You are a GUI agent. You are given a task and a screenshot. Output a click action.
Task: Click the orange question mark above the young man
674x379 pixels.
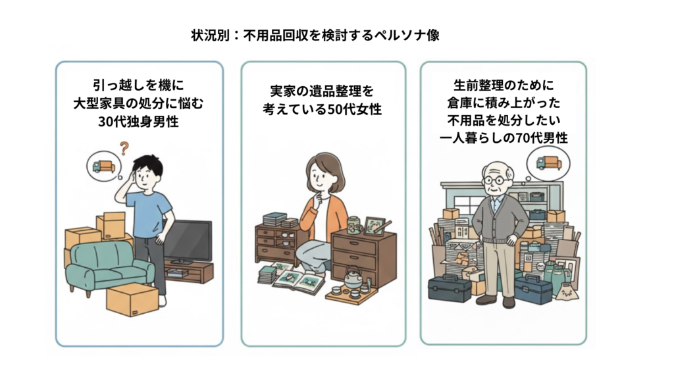tap(123, 148)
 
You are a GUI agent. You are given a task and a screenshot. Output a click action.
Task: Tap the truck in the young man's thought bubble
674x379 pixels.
tap(103, 166)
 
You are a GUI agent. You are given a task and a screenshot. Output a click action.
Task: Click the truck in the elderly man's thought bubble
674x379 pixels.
tap(548, 163)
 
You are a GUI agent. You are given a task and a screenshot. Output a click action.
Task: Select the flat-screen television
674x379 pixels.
tap(188, 241)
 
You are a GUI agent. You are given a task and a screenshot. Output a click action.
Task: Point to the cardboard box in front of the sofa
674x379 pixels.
tap(132, 299)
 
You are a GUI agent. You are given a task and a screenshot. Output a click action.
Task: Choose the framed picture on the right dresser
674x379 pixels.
tap(375, 225)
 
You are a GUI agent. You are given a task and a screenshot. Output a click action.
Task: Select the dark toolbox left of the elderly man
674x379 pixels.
tap(449, 289)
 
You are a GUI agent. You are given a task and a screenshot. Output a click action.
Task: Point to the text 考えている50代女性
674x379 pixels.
tap(323, 109)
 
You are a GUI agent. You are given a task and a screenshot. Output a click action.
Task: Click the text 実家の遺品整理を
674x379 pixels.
tap(323, 90)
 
